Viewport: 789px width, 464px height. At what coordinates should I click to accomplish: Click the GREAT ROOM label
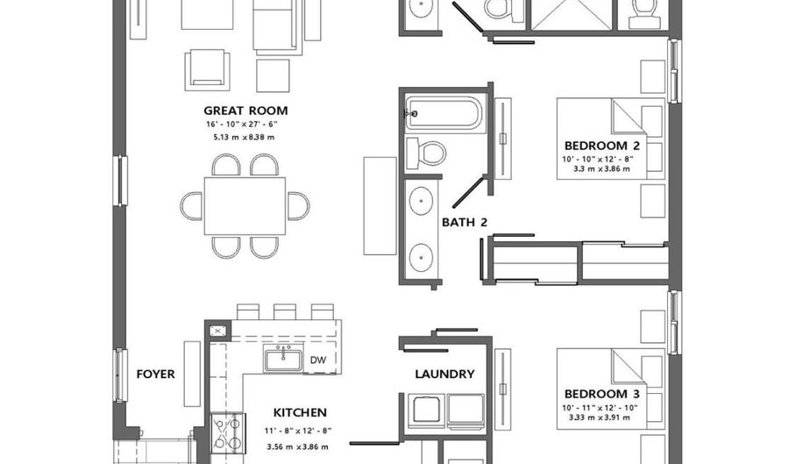(x=245, y=111)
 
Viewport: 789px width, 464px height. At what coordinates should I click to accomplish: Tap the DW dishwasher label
(x=318, y=360)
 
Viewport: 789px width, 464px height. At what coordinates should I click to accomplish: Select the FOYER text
(x=155, y=374)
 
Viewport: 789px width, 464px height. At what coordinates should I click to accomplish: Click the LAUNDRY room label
(x=444, y=374)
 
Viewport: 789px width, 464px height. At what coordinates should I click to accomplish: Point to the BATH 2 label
(x=465, y=222)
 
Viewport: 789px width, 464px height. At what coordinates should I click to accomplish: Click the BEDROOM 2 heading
(x=601, y=146)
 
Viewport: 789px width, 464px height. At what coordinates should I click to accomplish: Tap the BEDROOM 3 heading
(x=601, y=394)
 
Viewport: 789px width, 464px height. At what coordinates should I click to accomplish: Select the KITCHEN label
(x=300, y=412)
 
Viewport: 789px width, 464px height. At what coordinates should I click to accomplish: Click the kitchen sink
(x=283, y=360)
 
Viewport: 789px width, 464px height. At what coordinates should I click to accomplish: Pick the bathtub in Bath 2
(x=444, y=114)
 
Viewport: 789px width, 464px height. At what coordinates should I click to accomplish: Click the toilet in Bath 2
(x=426, y=153)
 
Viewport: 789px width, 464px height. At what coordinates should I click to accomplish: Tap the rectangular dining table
(x=245, y=206)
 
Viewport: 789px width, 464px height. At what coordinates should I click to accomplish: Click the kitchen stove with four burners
(x=227, y=432)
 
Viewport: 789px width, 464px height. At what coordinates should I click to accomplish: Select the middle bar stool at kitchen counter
(x=285, y=312)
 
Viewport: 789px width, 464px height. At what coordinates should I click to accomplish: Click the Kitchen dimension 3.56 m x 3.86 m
(x=297, y=446)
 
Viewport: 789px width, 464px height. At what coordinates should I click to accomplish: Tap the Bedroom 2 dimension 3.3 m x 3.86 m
(x=601, y=169)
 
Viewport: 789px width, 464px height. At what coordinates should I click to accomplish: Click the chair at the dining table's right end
(x=299, y=206)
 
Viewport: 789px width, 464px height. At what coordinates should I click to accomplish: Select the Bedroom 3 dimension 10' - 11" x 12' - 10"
(x=600, y=408)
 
